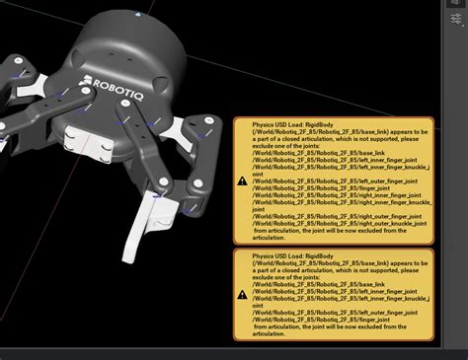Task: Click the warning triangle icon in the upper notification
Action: (x=243, y=180)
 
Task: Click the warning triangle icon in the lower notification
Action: (x=243, y=294)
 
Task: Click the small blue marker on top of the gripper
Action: (x=136, y=17)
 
